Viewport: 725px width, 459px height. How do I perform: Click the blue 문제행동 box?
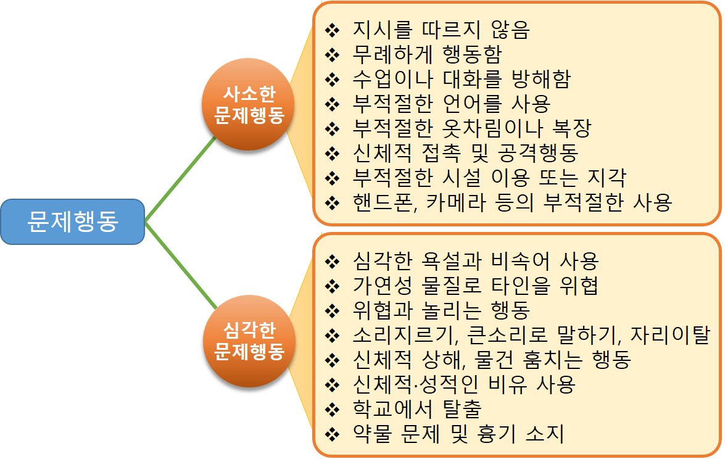pyautogui.click(x=72, y=221)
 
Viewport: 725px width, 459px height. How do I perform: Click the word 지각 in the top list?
pyautogui.click(x=606, y=178)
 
